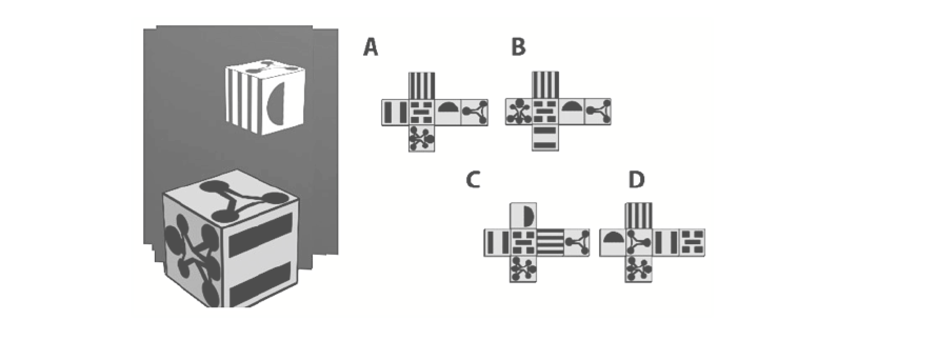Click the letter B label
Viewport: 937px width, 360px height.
coord(519,47)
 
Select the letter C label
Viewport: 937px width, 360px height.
coord(473,180)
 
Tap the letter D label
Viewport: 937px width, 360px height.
coord(636,180)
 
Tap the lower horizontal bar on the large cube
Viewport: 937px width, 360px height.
coord(261,285)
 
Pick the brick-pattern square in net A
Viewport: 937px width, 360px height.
coord(422,112)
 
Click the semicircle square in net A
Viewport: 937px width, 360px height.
coord(448,112)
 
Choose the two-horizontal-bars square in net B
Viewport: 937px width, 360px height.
coord(545,138)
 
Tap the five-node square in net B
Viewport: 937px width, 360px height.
coord(519,112)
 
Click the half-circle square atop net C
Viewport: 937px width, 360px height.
coord(523,216)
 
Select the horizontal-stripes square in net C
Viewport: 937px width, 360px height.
coord(550,243)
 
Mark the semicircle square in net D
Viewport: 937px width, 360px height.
coord(612,243)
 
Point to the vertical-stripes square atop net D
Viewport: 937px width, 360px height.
coord(639,216)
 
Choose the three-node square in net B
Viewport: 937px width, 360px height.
coord(598,112)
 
